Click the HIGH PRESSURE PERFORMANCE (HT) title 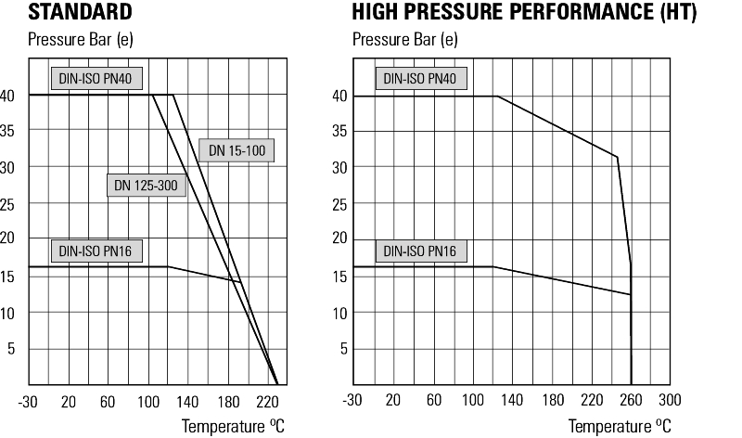point(524,13)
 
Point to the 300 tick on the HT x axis point(670,400)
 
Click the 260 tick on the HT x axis point(631,400)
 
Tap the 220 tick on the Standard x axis point(267,400)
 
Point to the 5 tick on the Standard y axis point(13,349)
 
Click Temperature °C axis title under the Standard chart point(232,426)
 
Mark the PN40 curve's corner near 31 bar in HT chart point(617,157)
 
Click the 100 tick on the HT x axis point(473,400)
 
